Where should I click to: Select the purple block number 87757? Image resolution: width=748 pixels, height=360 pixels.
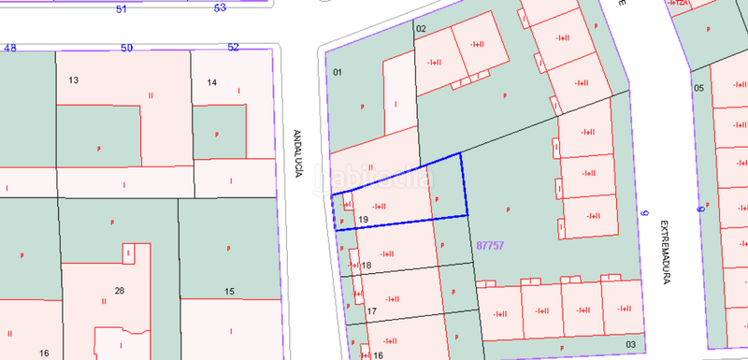pyautogui.click(x=490, y=246)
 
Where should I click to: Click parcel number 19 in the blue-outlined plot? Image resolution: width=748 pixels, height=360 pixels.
pyautogui.click(x=365, y=220)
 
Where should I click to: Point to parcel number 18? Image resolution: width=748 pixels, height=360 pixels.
pyautogui.click(x=367, y=266)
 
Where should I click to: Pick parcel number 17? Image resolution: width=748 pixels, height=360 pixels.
pyautogui.click(x=371, y=311)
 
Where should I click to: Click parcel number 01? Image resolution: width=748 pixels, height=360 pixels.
pyautogui.click(x=338, y=72)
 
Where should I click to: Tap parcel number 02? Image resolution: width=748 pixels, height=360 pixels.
pyautogui.click(x=421, y=29)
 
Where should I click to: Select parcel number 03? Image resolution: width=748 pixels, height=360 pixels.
pyautogui.click(x=631, y=345)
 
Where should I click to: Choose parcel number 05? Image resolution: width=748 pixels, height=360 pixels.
pyautogui.click(x=698, y=87)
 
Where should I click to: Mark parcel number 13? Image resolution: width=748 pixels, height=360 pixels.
pyautogui.click(x=73, y=80)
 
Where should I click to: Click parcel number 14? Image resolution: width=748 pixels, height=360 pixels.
pyautogui.click(x=212, y=83)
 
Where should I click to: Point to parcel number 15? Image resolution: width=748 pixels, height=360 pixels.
pyautogui.click(x=229, y=293)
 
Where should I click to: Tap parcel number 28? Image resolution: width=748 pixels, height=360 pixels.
pyautogui.click(x=120, y=291)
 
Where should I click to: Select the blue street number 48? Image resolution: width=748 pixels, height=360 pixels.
pyautogui.click(x=11, y=47)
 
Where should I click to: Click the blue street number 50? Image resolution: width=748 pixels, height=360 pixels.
pyautogui.click(x=127, y=47)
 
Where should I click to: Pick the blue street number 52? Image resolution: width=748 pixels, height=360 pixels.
pyautogui.click(x=233, y=47)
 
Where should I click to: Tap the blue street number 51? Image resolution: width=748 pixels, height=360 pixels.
pyautogui.click(x=121, y=8)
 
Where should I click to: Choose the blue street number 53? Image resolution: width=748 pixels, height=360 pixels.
pyautogui.click(x=220, y=8)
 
